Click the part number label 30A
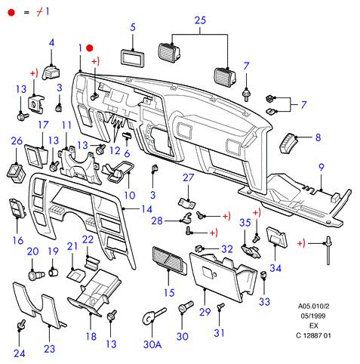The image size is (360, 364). tap(152, 344)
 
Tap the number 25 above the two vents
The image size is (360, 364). tap(200, 20)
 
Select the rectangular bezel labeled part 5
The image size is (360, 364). tap(132, 58)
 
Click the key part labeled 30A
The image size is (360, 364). tap(154, 316)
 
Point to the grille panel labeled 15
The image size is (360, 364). tap(170, 261)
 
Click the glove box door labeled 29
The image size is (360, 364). tap(221, 277)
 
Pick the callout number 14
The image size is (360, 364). tap(146, 209)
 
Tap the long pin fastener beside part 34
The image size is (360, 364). tap(328, 250)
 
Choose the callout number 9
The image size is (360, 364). tap(322, 167)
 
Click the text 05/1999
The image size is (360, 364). tap(313, 316)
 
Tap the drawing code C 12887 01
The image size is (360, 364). tap(313, 335)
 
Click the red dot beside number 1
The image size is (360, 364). tap(90, 48)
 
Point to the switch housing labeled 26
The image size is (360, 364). tap(17, 173)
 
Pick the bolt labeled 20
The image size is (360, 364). tap(36, 274)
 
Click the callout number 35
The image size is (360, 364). tap(245, 223)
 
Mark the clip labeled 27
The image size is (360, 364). tap(187, 203)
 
